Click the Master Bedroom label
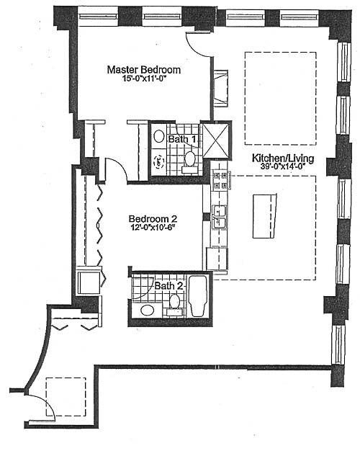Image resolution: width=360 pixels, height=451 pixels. tap(144, 70)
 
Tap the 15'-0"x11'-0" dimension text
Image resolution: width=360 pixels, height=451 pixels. tap(145, 79)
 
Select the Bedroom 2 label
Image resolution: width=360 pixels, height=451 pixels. tap(153, 219)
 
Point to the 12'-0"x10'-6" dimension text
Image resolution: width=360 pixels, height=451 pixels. tap(153, 228)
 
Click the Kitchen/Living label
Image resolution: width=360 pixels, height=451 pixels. tap(283, 158)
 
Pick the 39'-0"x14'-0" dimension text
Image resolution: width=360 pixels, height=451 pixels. tap(283, 166)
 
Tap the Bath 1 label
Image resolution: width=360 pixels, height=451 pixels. tap(182, 140)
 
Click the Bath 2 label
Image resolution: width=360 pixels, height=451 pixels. tap(168, 286)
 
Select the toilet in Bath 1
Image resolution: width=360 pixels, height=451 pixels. tap(189, 161)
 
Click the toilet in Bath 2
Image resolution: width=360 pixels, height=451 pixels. tap(174, 304)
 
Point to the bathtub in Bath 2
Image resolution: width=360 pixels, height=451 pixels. tap(198, 296)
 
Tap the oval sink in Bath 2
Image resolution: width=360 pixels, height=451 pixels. tap(147, 310)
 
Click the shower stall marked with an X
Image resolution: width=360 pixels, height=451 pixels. tap(216, 140)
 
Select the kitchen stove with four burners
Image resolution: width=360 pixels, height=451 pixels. tap(221, 180)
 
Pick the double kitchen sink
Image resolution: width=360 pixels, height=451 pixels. tap(219, 217)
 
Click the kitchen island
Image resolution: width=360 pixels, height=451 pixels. tap(264, 216)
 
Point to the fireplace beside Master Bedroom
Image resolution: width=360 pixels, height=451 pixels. tap(221, 88)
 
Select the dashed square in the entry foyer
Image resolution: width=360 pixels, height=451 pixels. tap(66, 397)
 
